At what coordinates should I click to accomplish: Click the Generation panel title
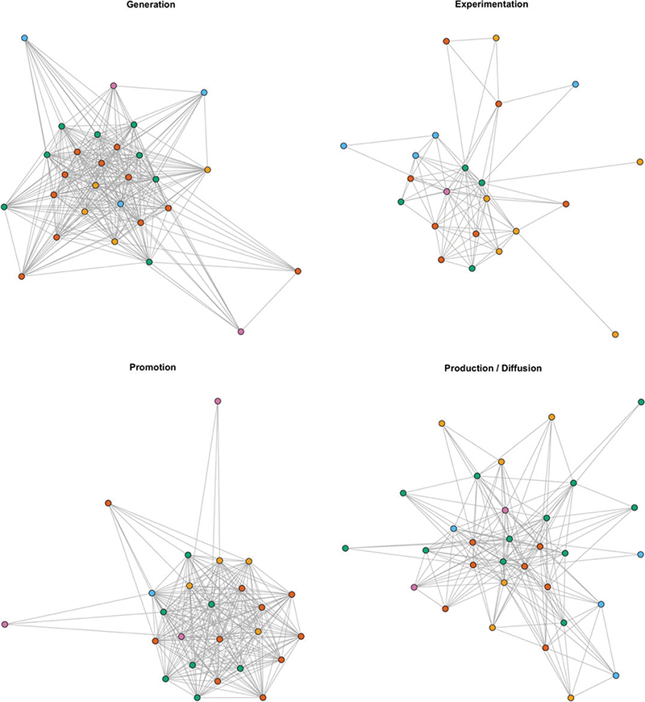152,5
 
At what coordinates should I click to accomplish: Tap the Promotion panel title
152,368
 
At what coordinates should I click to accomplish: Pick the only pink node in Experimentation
447,191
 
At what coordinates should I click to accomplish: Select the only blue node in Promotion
152,593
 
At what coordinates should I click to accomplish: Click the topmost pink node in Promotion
217,401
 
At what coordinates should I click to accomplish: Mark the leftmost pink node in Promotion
5,624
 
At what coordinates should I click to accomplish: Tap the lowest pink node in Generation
240,331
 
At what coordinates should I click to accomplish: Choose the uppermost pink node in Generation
113,86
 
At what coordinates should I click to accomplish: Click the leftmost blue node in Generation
24,38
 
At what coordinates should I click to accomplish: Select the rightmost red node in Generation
298,270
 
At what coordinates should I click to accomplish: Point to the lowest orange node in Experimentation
615,334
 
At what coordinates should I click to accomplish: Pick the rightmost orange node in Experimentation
639,162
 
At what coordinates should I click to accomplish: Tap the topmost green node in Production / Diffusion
641,401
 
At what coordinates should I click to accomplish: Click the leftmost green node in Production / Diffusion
345,548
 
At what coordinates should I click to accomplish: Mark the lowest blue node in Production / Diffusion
616,675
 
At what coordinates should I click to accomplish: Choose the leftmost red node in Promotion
107,504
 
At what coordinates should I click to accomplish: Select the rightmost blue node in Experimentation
576,84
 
